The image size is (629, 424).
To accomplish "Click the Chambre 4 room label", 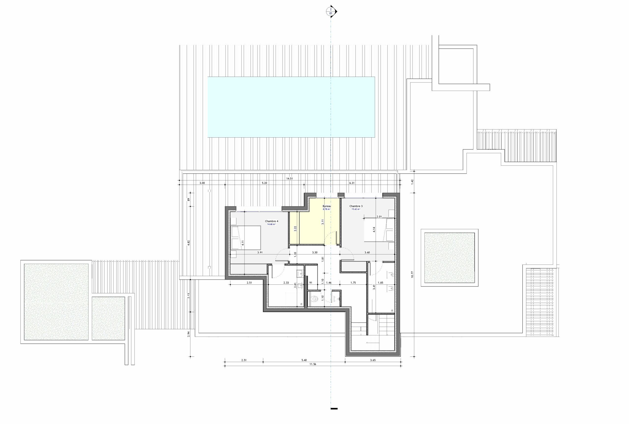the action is point(271,221).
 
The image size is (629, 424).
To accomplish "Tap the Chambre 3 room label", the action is point(356,206).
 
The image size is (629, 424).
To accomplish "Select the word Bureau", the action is point(327,206).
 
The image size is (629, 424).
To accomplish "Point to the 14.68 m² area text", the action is point(271,224).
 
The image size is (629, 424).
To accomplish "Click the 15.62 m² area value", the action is point(356,209).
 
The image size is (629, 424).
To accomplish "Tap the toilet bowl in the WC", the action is point(314,299).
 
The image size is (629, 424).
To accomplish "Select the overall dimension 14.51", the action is point(289,179).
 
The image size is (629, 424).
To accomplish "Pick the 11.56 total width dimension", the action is point(313,364).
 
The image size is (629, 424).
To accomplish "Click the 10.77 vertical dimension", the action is point(412,274).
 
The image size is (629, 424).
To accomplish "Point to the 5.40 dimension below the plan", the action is point(304,360).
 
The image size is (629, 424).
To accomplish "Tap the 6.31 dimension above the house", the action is point(352,183).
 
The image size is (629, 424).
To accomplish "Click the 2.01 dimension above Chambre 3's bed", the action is point(379,217).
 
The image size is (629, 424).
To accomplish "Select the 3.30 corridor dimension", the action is point(315,252).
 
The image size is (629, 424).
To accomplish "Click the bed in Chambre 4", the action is point(246,238).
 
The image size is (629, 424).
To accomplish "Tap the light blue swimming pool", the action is point(291,107).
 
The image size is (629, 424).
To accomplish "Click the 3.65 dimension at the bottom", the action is point(373,360).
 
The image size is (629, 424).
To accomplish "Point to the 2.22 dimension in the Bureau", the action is point(295,228).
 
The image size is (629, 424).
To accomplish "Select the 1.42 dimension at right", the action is point(412,182).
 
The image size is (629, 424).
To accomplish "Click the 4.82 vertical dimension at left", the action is point(189,243).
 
